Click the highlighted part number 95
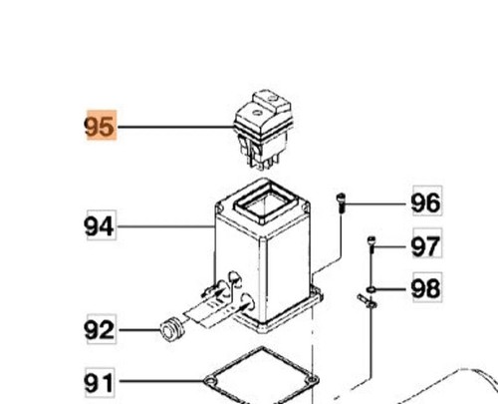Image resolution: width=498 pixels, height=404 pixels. [x=100, y=126]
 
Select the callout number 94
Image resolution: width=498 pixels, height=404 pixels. [x=100, y=226]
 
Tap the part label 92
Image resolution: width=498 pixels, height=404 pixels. [x=100, y=329]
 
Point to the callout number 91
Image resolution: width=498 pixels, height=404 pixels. [x=99, y=383]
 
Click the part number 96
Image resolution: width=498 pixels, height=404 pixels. [x=426, y=202]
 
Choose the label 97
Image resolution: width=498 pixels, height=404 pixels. [x=426, y=246]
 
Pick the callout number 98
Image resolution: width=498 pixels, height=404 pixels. [x=426, y=288]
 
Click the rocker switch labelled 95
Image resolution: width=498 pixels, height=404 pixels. [x=263, y=130]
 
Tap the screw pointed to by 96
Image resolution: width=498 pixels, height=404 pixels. [x=341, y=202]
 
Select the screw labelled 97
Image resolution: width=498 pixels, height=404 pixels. [x=372, y=244]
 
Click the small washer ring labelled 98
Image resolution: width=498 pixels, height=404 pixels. [x=372, y=289]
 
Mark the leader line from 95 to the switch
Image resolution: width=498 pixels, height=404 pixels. [x=176, y=127]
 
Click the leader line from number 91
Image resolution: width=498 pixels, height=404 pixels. [x=161, y=381]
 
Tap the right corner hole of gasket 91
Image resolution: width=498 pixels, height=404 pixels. [x=312, y=379]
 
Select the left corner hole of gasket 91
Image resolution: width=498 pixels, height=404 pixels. [x=209, y=381]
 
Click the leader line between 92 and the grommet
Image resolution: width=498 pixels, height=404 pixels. [x=139, y=330]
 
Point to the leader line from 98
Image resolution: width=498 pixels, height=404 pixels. [x=390, y=289]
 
